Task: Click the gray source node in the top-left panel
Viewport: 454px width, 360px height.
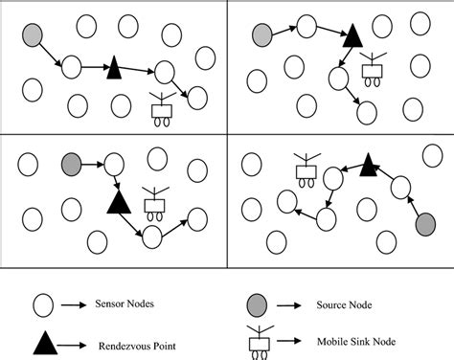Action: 32,35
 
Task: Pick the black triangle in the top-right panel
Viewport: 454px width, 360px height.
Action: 352,37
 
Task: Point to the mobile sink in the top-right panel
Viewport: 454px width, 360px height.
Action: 373,70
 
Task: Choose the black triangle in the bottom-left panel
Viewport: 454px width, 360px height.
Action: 119,201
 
